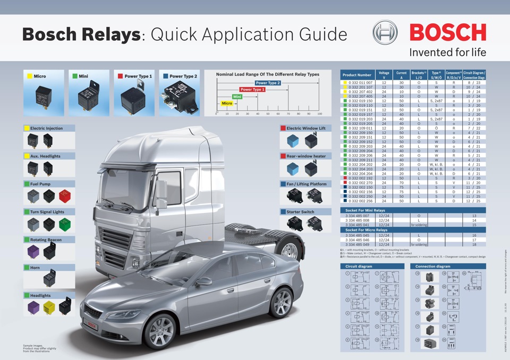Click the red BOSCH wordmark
point(447,33)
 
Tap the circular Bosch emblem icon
point(385,33)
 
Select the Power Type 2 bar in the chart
point(268,83)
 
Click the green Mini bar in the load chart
point(237,97)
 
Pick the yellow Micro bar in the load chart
point(227,103)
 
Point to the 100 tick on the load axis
point(319,113)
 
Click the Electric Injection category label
point(46,128)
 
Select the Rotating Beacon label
point(46,239)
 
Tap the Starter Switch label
point(300,211)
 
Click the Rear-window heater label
point(305,156)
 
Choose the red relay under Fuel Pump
point(64,196)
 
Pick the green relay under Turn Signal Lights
point(64,224)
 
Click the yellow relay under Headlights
point(49,307)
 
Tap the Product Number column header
point(356,75)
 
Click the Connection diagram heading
point(432,266)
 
